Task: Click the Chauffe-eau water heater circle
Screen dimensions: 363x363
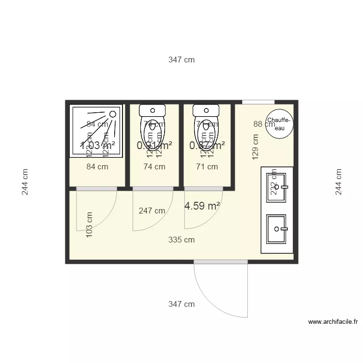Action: coord(279,123)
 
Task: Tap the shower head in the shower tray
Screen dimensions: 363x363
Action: coord(112,114)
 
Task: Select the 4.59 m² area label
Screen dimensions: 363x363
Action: coord(202,206)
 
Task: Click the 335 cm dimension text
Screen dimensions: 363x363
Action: coord(181,240)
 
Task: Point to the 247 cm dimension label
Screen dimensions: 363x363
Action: coord(152,211)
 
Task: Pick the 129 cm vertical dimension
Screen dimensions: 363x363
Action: coord(256,147)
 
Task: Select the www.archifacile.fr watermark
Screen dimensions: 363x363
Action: coord(333,321)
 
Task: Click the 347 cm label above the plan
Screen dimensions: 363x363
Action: coord(181,60)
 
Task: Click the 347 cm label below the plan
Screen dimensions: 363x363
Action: coord(181,304)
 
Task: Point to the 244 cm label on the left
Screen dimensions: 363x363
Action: coord(25,181)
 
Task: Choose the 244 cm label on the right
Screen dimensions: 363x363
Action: coord(338,181)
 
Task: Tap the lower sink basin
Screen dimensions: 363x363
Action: coord(277,228)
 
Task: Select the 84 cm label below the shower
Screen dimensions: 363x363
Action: coord(97,167)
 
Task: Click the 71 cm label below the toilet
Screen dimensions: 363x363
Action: coord(207,167)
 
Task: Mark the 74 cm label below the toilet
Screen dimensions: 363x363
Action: coord(154,167)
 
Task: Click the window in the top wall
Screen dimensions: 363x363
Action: coord(258,102)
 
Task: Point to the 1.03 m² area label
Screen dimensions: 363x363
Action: coord(97,145)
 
